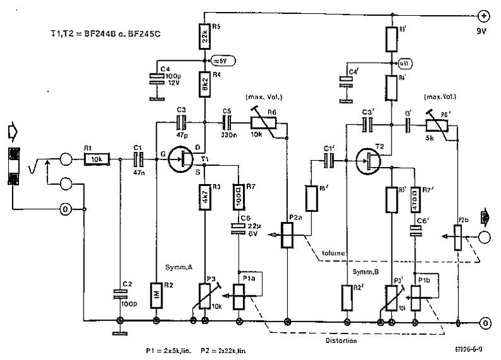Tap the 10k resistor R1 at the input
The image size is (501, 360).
click(97, 159)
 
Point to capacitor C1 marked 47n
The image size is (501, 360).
click(137, 159)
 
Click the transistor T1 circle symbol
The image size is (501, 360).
click(183, 159)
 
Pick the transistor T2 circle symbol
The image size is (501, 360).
click(369, 159)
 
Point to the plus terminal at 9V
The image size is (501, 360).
click(483, 16)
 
